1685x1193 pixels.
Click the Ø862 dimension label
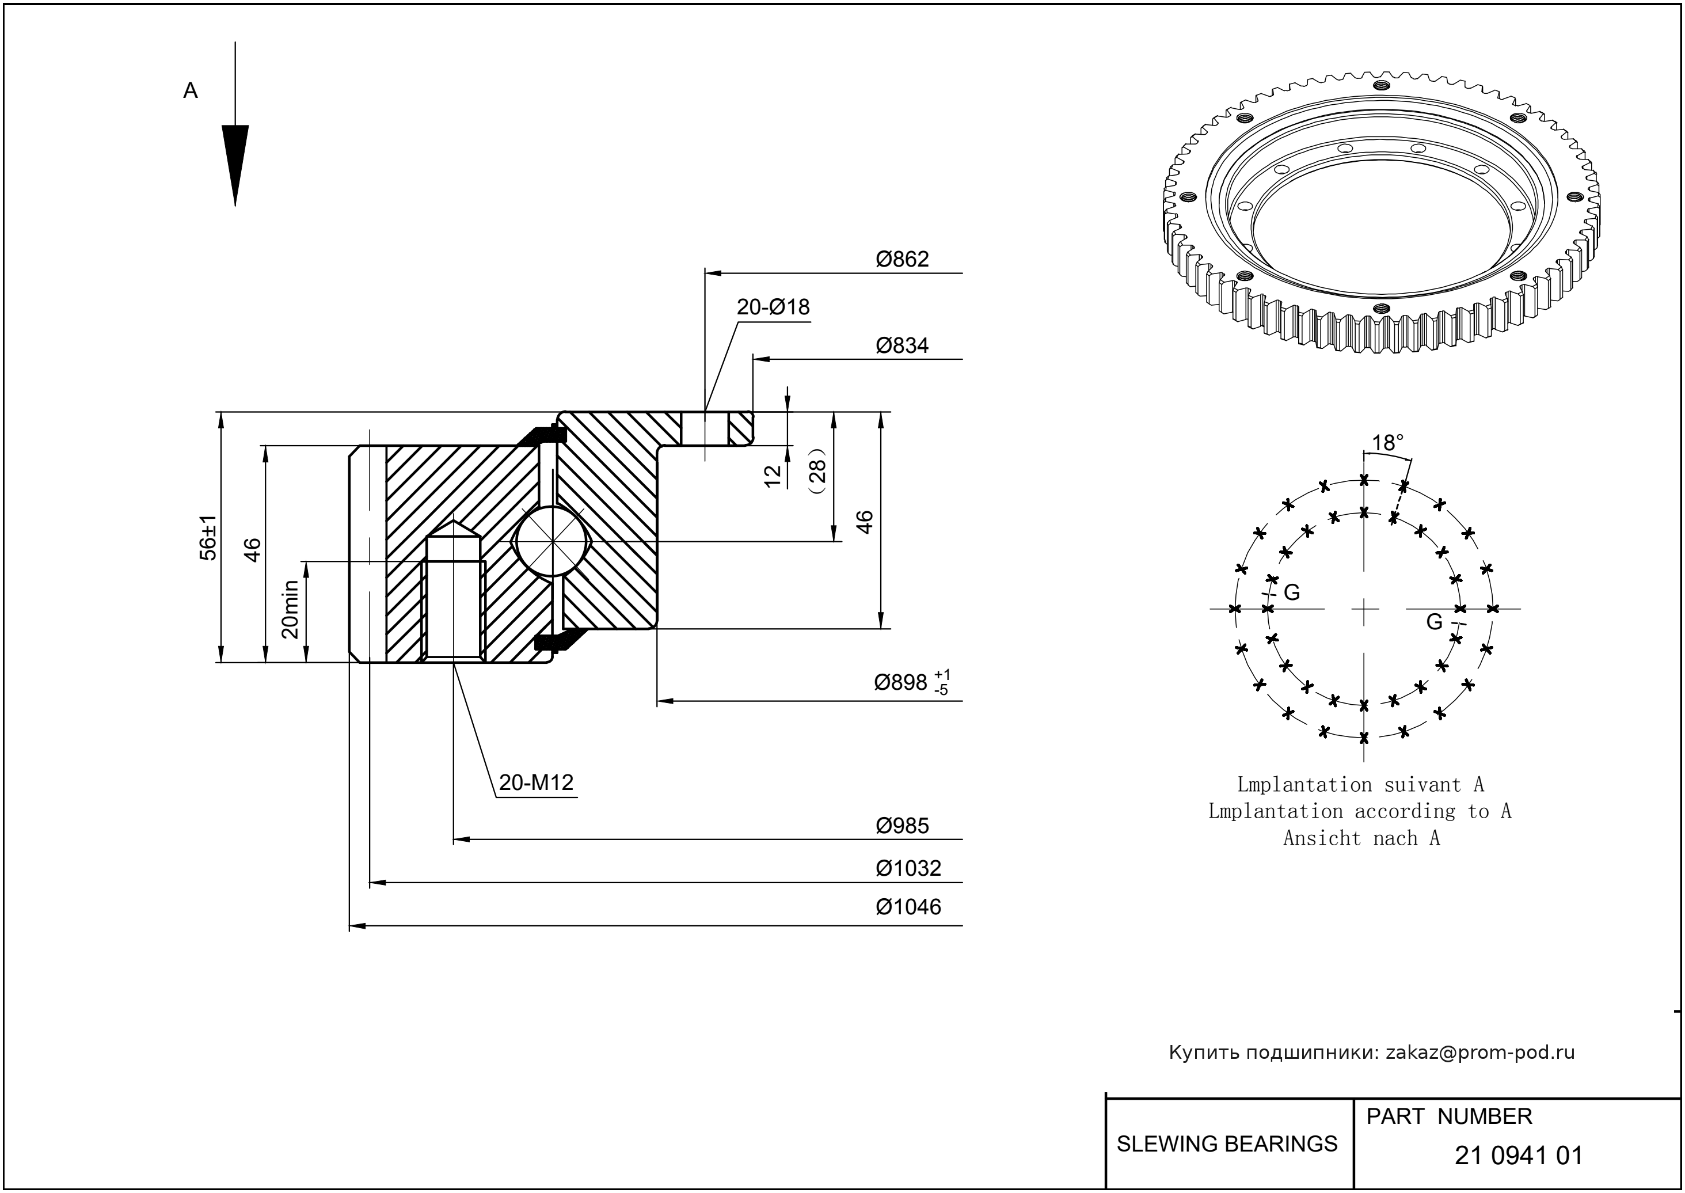pos(902,259)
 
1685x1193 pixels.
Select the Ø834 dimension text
pos(902,346)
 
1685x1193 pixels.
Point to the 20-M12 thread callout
pos(536,783)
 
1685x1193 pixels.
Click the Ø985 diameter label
pos(902,826)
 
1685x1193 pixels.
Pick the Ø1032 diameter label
pos(908,868)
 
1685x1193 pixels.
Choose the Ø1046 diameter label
pos(908,907)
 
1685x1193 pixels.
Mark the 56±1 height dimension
pos(210,538)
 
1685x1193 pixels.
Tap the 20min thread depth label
pos(291,609)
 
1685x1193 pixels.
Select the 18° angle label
pos(1387,443)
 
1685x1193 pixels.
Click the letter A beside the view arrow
pos(190,91)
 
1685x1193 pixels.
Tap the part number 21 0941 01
pos(1518,1156)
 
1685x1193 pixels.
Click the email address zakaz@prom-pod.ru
pos(1479,1053)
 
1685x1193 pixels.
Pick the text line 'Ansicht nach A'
pos(1361,838)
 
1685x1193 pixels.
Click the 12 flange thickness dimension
pos(772,476)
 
